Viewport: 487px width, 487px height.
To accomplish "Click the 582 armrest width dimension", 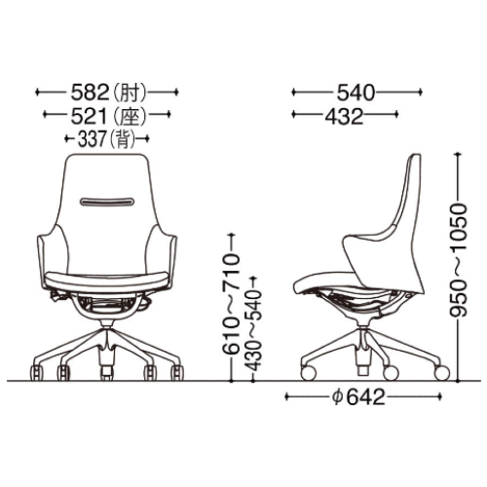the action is click(x=90, y=93).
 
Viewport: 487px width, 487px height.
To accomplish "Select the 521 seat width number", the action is click(x=89, y=116).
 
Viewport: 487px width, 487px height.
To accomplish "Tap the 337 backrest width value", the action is click(x=92, y=139).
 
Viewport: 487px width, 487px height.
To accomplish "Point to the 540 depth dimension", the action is click(x=356, y=93).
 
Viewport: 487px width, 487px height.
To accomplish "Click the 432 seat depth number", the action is click(x=344, y=116).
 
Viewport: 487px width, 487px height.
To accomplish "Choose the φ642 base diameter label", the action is click(x=358, y=397).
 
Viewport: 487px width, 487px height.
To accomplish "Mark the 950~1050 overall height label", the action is click(x=459, y=259).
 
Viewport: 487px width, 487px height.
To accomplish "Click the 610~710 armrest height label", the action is click(x=231, y=303).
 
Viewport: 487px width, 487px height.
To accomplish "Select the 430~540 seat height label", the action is click(x=253, y=330).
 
